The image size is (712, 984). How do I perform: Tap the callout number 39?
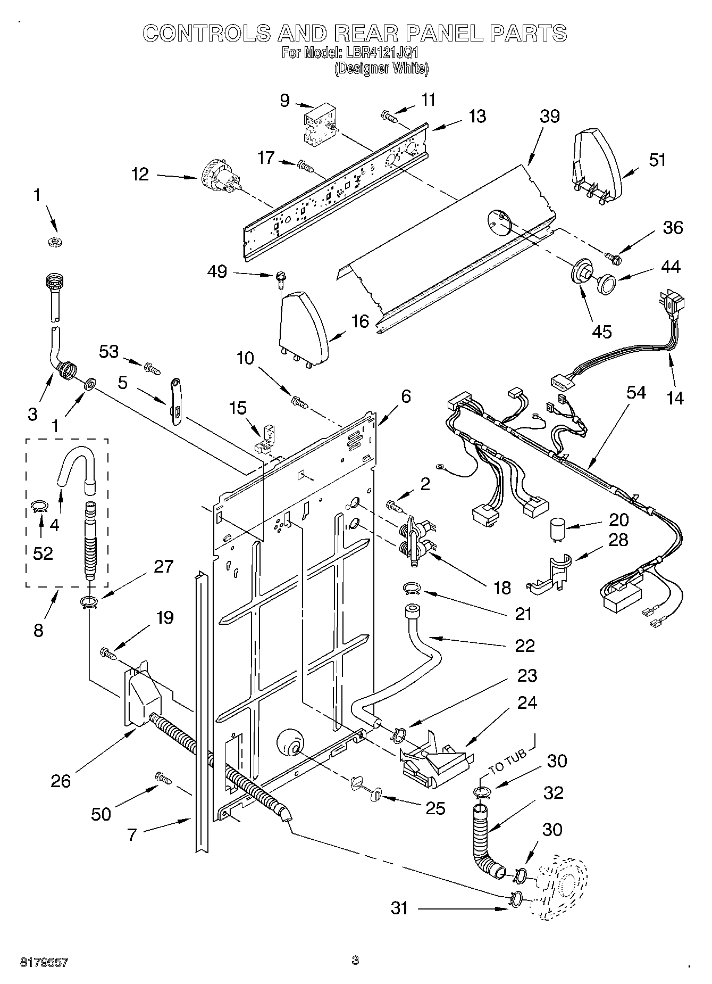click(549, 116)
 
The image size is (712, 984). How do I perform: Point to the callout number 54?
click(635, 393)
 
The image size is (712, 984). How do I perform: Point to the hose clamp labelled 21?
click(412, 588)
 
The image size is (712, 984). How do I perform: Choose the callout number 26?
click(61, 781)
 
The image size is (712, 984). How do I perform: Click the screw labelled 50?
click(162, 778)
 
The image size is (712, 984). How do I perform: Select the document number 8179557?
click(44, 962)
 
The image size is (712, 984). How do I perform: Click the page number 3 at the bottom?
click(355, 960)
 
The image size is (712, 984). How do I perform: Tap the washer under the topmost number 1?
click(55, 242)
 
